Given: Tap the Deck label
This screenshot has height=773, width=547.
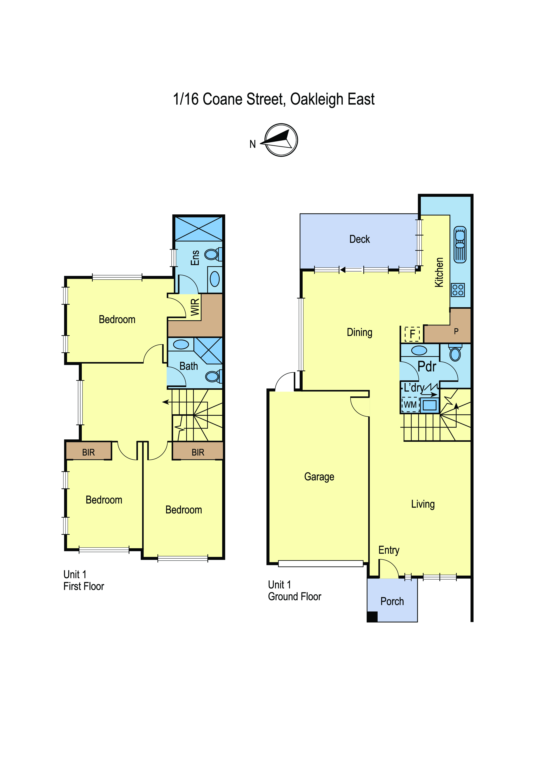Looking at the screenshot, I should [x=359, y=239].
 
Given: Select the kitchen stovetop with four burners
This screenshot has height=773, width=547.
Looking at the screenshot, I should [x=458, y=290].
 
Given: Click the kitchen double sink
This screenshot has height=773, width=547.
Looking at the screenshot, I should [x=460, y=244].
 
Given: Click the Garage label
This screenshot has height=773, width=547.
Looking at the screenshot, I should [x=319, y=477].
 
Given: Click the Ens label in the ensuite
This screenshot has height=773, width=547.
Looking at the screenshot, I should [x=195, y=258].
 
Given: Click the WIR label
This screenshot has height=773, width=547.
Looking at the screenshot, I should [x=195, y=307].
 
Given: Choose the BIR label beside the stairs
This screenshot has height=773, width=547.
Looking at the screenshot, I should [x=198, y=452].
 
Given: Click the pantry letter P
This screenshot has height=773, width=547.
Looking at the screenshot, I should [x=456, y=331].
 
